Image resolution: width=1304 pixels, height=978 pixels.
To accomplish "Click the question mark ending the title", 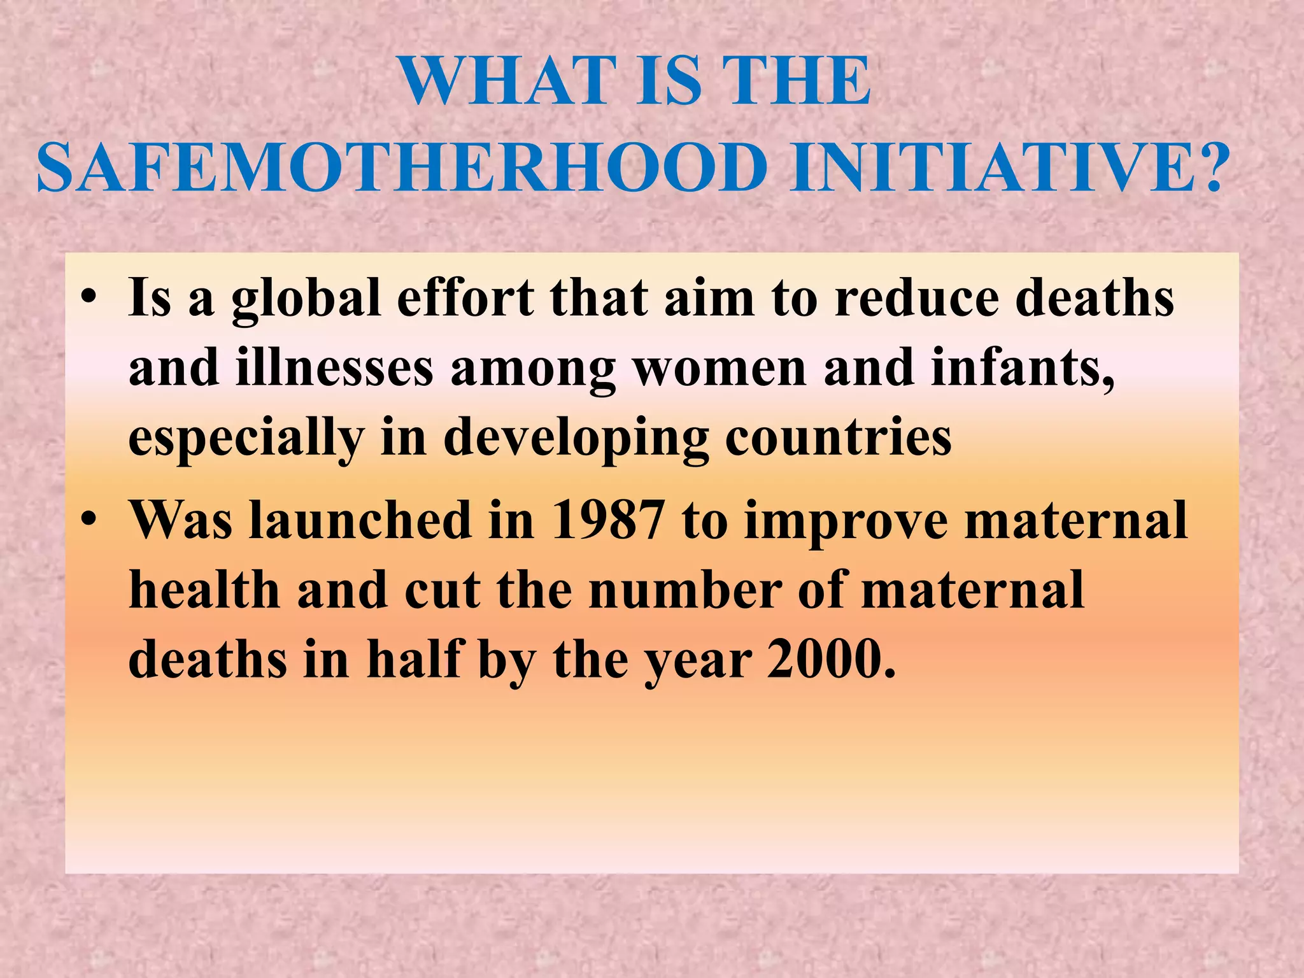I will (1205, 168).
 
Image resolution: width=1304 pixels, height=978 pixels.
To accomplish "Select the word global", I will (306, 299).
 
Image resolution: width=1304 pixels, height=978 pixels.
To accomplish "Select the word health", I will (204, 590).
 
